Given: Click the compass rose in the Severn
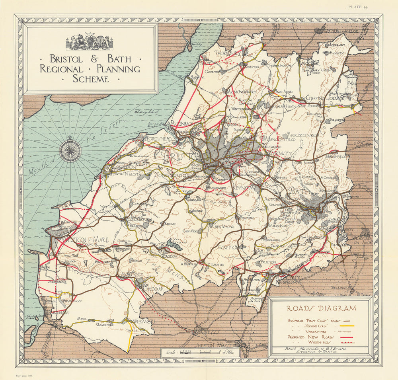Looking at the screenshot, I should point(70,150).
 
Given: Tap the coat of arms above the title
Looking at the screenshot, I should point(90,41).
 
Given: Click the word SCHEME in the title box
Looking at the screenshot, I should point(90,78).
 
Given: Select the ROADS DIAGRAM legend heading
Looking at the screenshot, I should point(321,308).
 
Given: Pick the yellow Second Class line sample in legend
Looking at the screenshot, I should point(346,325).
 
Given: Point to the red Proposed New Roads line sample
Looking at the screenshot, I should point(346,337).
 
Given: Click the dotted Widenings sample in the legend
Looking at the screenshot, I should point(346,342).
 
